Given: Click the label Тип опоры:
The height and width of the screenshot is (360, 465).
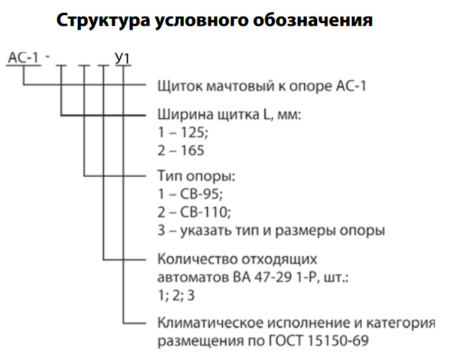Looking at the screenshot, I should coord(196,176).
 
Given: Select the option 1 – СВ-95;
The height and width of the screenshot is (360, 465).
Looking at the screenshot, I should coord(190,194).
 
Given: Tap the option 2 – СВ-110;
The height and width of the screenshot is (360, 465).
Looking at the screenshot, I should coord(193,212).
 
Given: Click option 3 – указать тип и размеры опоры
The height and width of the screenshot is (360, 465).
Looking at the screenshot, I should coord(271,230).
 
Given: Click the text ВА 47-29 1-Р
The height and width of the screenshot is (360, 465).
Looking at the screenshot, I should coord(275,276).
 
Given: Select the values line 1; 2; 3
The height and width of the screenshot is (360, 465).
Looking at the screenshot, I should coord(177,293).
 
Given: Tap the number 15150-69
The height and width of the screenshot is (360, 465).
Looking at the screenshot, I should coord(347,338).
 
